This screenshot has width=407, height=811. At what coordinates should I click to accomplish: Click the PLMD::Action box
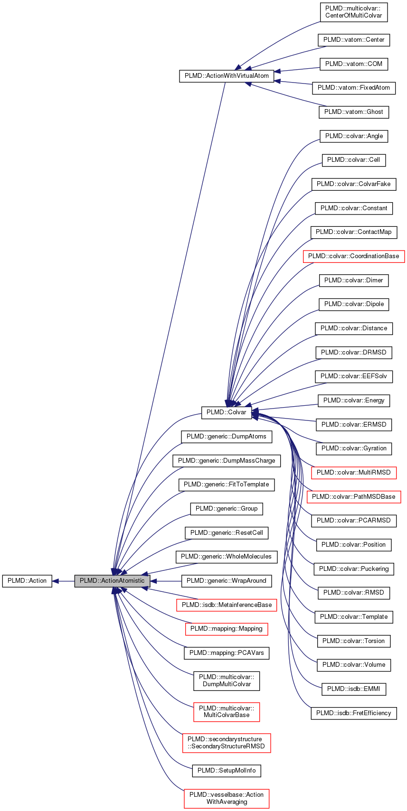click(x=27, y=581)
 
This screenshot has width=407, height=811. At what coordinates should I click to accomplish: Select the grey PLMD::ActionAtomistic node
click(x=112, y=581)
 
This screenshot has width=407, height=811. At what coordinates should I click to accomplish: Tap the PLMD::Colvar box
click(x=226, y=412)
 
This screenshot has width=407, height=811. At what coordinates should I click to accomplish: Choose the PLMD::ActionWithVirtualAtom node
click(x=227, y=76)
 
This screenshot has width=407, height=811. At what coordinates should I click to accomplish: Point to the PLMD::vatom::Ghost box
click(x=353, y=112)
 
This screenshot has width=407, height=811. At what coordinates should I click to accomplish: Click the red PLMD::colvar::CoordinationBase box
click(x=353, y=256)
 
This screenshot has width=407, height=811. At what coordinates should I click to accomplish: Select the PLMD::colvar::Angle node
click(x=354, y=136)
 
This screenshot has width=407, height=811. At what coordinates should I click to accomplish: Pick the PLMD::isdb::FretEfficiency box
click(x=353, y=713)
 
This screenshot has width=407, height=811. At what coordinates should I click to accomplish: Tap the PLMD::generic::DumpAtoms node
click(x=226, y=437)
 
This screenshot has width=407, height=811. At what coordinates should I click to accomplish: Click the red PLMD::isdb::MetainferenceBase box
click(x=226, y=605)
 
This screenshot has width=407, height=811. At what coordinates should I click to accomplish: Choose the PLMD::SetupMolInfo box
click(x=226, y=771)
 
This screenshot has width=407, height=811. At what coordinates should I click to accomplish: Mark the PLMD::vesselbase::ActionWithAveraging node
click(x=226, y=798)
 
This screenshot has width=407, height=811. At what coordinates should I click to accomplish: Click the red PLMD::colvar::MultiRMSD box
click(x=353, y=473)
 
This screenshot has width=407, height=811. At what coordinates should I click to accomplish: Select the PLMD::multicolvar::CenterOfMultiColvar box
click(x=353, y=12)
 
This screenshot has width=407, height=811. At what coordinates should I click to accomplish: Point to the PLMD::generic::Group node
click(x=226, y=509)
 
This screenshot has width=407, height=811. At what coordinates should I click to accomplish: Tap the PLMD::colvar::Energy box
click(x=353, y=401)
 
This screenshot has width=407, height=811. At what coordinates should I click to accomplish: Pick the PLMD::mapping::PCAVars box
click(x=226, y=653)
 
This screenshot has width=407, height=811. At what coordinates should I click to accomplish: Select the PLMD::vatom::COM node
click(x=353, y=64)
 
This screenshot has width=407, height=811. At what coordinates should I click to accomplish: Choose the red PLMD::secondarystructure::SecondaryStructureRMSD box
click(x=226, y=743)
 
